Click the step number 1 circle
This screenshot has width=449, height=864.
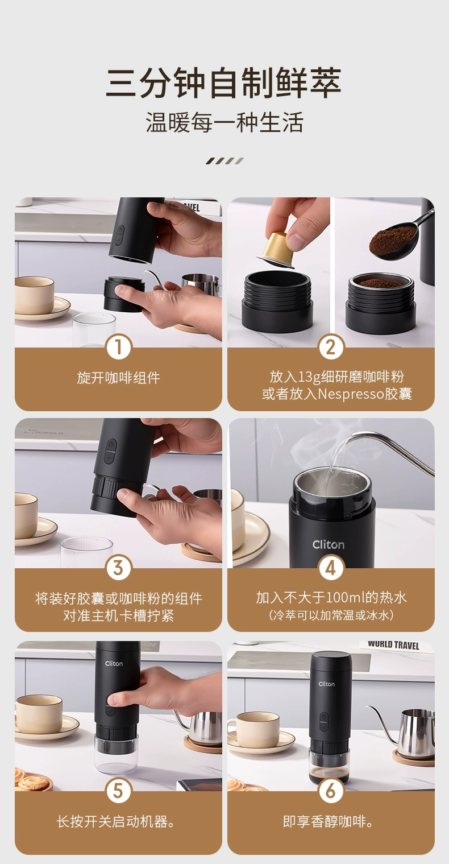(118, 347)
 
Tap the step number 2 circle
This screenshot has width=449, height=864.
(331, 347)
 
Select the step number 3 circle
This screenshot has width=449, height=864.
(118, 568)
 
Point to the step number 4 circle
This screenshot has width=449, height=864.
(331, 568)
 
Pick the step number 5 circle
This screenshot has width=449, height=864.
(118, 791)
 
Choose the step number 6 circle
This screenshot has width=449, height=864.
(331, 791)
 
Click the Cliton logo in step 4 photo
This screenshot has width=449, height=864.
(329, 545)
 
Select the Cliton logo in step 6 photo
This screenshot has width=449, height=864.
(326, 684)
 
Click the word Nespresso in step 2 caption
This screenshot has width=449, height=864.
(351, 394)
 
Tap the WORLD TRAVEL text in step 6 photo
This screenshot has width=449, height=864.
(393, 646)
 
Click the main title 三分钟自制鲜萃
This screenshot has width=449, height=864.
(224, 83)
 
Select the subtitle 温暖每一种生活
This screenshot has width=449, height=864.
(224, 122)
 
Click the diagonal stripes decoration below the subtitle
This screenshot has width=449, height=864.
(224, 161)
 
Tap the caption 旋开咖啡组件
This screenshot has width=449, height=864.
(118, 378)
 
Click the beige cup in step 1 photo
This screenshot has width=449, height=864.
(34, 295)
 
